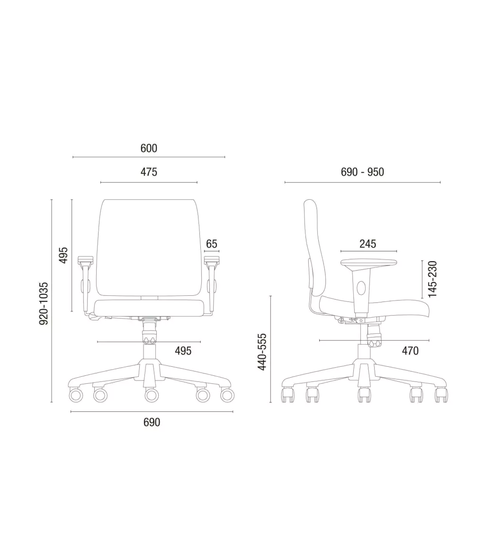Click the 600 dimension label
(x=149, y=148)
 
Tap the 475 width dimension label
(x=149, y=172)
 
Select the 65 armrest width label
(x=212, y=244)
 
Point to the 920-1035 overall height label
(x=44, y=303)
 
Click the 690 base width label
(x=152, y=422)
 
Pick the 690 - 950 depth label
(x=362, y=172)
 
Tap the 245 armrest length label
(x=368, y=244)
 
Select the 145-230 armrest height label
(x=433, y=279)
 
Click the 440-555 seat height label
(x=262, y=352)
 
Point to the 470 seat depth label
(x=410, y=351)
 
